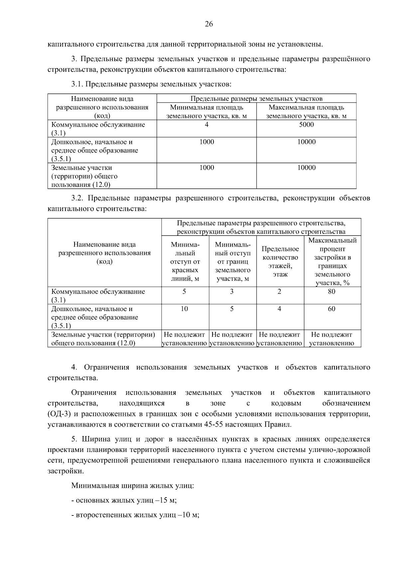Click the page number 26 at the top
[209, 24]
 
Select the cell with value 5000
[306, 125]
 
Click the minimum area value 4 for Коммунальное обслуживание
[206, 125]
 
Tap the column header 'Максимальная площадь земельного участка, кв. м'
[306, 112]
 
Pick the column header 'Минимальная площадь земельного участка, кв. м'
[206, 112]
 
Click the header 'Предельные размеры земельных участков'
[256, 99]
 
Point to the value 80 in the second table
[332, 291]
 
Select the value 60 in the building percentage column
[332, 309]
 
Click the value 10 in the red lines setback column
[184, 309]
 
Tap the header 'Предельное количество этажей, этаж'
[280, 262]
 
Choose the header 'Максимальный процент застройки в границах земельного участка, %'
[332, 262]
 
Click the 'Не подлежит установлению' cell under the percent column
[332, 339]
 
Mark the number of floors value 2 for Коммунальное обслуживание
[279, 291]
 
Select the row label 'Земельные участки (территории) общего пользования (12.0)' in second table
[103, 339]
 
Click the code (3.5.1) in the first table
[61, 159]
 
